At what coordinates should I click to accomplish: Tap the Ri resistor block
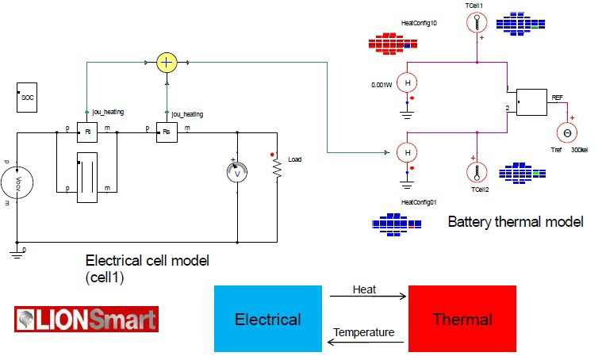coord(86,132)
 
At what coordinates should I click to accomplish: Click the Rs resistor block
coord(166,132)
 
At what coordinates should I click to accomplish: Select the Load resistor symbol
coord(278,169)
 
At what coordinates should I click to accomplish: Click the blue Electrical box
coord(267,319)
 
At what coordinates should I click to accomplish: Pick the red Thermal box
coord(462,319)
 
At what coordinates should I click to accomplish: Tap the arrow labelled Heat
coord(367,298)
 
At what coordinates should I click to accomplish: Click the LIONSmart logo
coord(86,319)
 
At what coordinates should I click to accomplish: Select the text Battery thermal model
coord(515,221)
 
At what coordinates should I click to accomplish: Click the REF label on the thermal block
coord(557,96)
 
